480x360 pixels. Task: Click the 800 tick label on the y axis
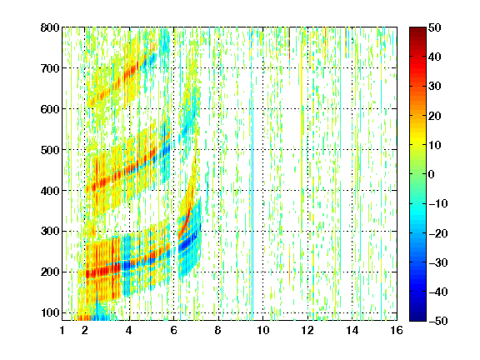coord(50,27)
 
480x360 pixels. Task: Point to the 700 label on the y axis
coord(50,68)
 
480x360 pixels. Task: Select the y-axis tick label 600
coord(50,109)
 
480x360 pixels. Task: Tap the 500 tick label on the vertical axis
coord(50,150)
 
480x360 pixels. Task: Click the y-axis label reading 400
coord(50,191)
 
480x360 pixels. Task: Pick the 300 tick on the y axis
coord(50,232)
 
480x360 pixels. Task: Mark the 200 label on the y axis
coord(50,272)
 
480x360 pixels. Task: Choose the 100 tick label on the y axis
coord(50,312)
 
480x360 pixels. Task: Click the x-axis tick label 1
coord(62,330)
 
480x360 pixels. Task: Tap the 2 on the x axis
coord(85,330)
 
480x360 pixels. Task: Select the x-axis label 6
coord(174,330)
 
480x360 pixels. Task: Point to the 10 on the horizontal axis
coord(263,330)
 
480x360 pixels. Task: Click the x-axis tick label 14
coord(352,330)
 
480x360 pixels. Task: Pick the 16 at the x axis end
coord(397,330)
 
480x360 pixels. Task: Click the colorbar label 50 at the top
coord(434,27)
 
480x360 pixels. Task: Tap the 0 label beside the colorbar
coord(432,174)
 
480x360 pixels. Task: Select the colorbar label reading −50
coord(438,321)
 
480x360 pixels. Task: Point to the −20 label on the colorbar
coord(438,233)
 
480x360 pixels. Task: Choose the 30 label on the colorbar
coord(434,86)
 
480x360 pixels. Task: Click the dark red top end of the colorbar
coord(417,30)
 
